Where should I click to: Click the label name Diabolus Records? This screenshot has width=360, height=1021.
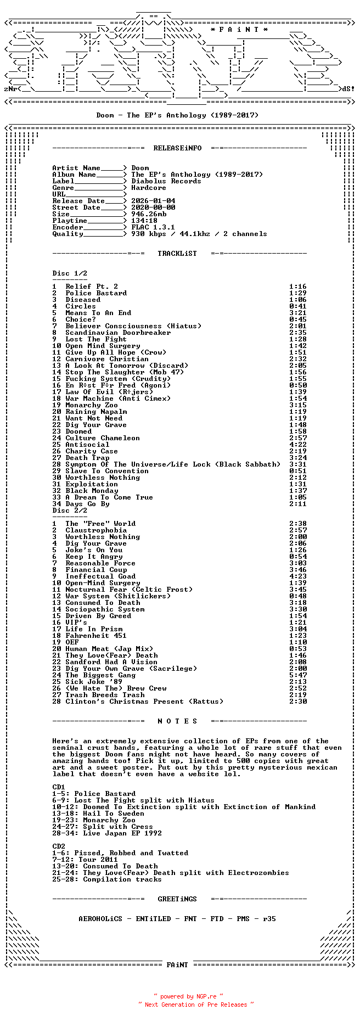(x=166, y=181)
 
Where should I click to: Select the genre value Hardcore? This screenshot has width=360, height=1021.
(x=148, y=188)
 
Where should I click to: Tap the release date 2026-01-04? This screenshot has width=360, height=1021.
(x=153, y=201)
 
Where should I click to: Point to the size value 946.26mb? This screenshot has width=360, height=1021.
(x=149, y=214)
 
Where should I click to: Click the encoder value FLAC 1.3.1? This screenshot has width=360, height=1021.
(x=153, y=227)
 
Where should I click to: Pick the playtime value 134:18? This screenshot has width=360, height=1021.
(x=144, y=221)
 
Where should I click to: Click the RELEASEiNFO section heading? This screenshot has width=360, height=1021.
(x=177, y=148)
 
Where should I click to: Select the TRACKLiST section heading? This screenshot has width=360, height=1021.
(x=177, y=254)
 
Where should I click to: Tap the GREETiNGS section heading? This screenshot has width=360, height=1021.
(x=177, y=899)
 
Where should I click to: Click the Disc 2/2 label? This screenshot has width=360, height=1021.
(x=70, y=510)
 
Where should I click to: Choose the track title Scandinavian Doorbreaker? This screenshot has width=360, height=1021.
(x=118, y=333)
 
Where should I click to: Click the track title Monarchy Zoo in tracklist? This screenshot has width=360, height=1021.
(x=92, y=405)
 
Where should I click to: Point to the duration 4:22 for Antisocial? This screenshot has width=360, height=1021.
(x=298, y=445)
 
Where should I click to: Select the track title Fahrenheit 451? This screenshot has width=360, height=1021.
(x=96, y=636)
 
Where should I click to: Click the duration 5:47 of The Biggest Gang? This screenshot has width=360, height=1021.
(x=298, y=675)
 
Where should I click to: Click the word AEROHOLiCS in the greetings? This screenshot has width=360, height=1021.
(x=100, y=919)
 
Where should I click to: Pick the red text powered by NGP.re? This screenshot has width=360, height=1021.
(x=188, y=996)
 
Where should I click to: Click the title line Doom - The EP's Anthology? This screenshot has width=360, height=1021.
(x=177, y=115)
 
